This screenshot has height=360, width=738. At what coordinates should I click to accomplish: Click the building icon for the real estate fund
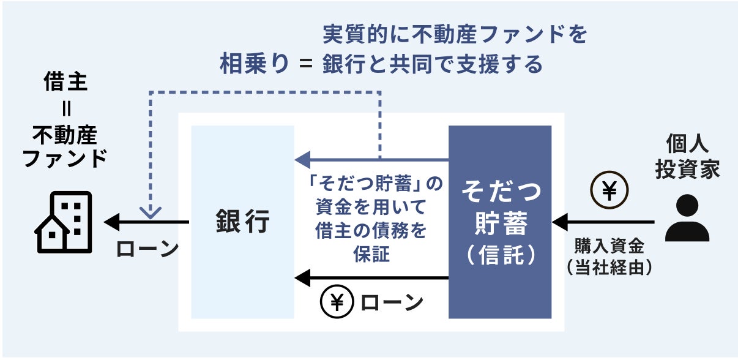tap(63, 222)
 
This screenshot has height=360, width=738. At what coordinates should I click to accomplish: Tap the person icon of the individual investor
tap(687, 219)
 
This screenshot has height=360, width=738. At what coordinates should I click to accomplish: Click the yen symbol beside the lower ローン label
tap(336, 302)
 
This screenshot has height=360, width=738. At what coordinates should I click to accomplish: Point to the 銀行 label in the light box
tap(242, 222)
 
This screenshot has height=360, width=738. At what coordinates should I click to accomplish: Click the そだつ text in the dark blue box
tap(501, 192)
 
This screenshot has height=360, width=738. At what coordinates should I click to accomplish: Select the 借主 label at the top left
tap(65, 82)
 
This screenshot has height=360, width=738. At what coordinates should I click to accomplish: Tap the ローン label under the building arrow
tap(146, 249)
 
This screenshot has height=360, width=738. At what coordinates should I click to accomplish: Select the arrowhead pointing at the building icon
tap(111, 222)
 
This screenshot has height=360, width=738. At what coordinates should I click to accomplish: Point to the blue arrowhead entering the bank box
tap(302, 160)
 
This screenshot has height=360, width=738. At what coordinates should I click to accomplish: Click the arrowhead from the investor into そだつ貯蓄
tap(559, 222)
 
